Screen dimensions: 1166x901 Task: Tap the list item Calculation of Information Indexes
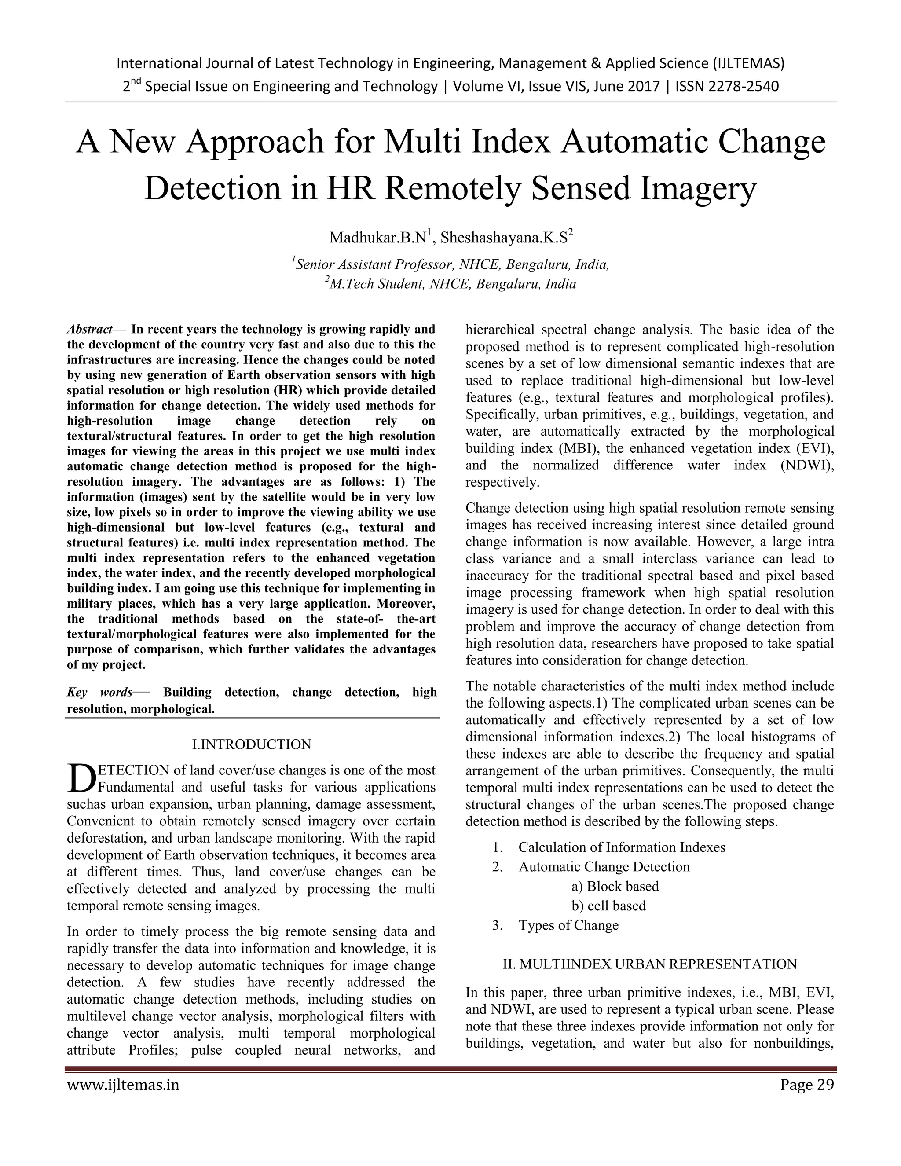point(622,847)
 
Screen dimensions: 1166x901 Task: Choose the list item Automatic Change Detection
point(604,866)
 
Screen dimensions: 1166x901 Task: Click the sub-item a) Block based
point(615,886)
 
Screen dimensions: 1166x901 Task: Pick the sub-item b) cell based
point(608,906)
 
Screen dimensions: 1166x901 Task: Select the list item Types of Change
point(568,925)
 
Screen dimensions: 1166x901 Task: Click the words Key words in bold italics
point(100,693)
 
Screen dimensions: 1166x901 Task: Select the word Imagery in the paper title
point(698,188)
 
